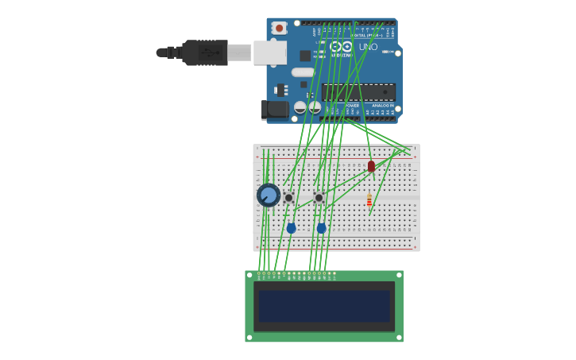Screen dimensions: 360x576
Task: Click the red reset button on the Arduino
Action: (x=278, y=28)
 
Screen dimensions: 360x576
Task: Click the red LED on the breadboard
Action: (x=371, y=166)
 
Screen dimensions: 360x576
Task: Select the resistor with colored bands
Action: (x=369, y=200)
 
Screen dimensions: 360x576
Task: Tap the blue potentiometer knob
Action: (x=269, y=195)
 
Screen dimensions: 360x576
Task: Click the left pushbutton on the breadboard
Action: (x=288, y=197)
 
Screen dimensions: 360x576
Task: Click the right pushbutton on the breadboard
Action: (x=319, y=197)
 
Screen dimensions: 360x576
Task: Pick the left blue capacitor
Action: (x=291, y=228)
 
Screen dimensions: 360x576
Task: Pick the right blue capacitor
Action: (x=321, y=228)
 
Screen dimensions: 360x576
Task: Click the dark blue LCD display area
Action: (x=324, y=306)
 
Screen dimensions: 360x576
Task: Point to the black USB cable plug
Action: (x=205, y=52)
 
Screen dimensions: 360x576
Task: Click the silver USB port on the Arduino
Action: (x=269, y=52)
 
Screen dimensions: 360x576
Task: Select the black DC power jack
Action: (x=275, y=109)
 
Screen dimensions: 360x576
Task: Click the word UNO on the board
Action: (x=368, y=47)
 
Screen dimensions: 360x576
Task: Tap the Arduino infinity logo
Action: (x=342, y=47)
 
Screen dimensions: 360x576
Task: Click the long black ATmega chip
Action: (x=358, y=91)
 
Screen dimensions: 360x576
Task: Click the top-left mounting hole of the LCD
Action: (x=249, y=275)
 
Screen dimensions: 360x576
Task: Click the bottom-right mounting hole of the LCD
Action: (x=399, y=338)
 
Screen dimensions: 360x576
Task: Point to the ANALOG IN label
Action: (x=382, y=105)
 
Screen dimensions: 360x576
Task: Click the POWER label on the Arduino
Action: (x=352, y=105)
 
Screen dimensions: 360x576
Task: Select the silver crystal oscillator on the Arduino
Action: (x=303, y=72)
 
